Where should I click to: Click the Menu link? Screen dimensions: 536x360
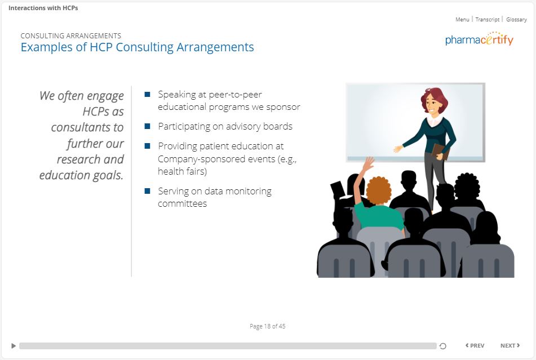click(x=462, y=20)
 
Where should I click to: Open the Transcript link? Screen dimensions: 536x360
click(x=487, y=20)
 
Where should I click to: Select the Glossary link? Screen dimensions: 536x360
click(x=516, y=20)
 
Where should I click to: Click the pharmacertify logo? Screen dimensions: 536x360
click(x=479, y=39)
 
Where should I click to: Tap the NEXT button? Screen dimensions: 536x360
click(x=510, y=346)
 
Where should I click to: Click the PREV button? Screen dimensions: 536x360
click(x=475, y=346)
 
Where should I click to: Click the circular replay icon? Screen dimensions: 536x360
click(x=442, y=346)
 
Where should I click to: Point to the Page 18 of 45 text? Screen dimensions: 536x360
click(x=267, y=326)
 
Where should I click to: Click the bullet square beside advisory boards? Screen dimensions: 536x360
click(x=147, y=126)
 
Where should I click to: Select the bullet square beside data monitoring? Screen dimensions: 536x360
click(x=147, y=191)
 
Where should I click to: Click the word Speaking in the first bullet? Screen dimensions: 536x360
click(x=177, y=95)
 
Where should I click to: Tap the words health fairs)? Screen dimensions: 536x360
click(x=182, y=171)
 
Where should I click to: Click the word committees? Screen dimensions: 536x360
click(x=182, y=203)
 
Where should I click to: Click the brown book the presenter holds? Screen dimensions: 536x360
click(x=440, y=152)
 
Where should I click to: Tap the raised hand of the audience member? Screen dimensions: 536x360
click(x=369, y=163)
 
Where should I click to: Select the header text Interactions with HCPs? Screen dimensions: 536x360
click(x=43, y=8)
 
